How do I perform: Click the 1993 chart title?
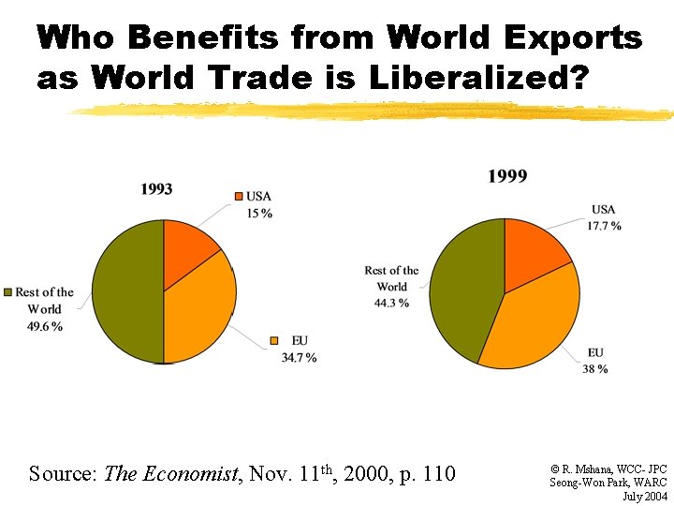click(x=156, y=189)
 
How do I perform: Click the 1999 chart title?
click(x=507, y=176)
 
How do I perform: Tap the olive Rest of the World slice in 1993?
click(x=126, y=291)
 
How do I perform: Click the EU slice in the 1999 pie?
click(x=529, y=323)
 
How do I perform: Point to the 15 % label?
click(x=259, y=214)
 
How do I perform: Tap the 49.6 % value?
click(x=45, y=326)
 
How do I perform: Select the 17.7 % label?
click(x=604, y=226)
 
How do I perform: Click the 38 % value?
click(x=595, y=369)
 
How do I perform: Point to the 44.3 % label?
click(x=391, y=303)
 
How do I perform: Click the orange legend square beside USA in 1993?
click(x=239, y=196)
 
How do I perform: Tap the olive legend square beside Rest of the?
click(x=7, y=292)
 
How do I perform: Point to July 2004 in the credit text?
click(x=644, y=495)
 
